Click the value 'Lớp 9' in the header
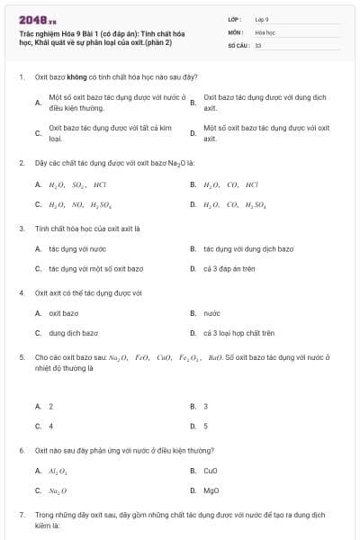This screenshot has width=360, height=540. [262, 19]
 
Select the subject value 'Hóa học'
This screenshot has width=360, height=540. [265, 31]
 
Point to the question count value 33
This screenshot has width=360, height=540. [258, 44]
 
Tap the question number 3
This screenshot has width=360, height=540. [21, 229]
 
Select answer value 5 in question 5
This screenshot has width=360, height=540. [205, 426]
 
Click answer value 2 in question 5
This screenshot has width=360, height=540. [50, 406]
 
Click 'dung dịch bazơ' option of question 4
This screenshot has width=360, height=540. [73, 333]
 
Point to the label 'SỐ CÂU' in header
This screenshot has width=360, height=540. [237, 44]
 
